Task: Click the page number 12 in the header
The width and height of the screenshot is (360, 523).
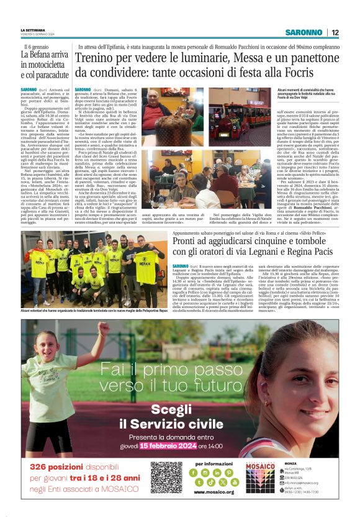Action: click(x=335, y=32)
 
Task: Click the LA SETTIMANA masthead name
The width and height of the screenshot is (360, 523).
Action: click(x=33, y=30)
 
